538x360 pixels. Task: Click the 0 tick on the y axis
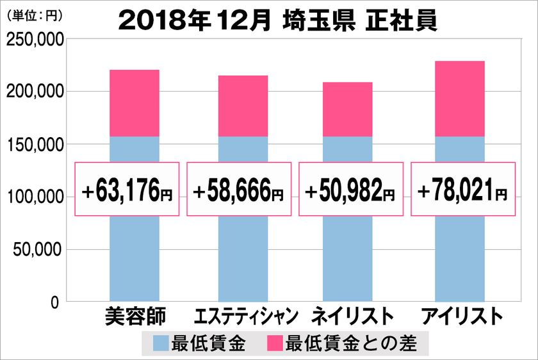[55, 302]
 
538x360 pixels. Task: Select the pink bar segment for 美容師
[134, 103]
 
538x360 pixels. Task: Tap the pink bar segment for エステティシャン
[243, 106]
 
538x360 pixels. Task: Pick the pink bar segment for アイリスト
[459, 99]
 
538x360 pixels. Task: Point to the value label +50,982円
[350, 190]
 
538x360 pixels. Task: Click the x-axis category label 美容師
[134, 317]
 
